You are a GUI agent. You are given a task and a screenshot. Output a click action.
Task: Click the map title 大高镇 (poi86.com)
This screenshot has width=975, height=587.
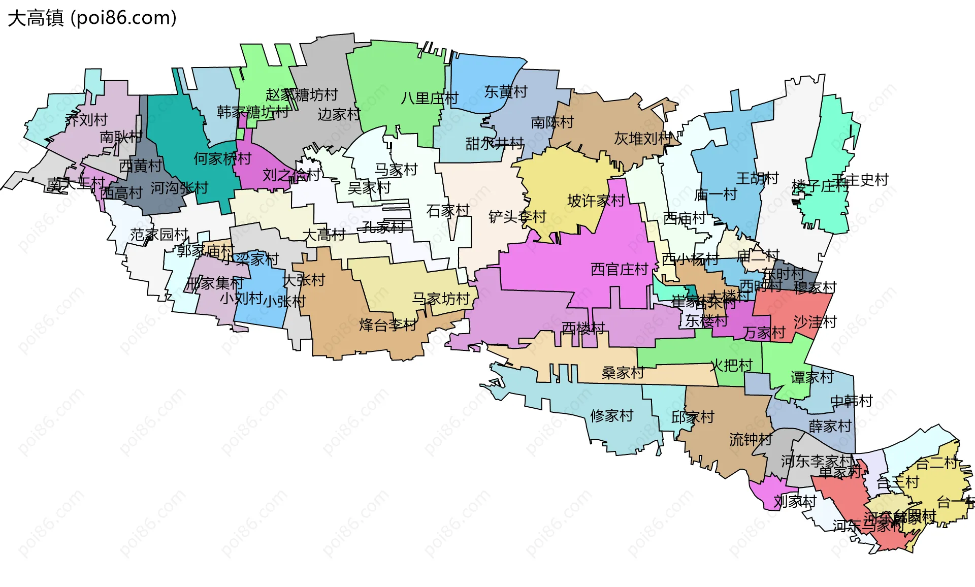[x=92, y=18]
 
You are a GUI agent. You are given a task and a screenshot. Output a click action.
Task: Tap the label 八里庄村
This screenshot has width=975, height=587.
[x=429, y=98]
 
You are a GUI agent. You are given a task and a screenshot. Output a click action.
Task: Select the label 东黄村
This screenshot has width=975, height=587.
[x=506, y=92]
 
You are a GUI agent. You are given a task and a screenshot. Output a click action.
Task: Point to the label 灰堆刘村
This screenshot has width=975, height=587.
[x=643, y=138]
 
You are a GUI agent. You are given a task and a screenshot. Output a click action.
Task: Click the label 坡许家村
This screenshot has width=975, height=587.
[x=596, y=201]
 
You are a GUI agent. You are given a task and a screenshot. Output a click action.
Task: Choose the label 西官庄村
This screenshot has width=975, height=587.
[x=620, y=269]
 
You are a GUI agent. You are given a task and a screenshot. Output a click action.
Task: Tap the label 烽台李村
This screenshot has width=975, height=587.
[x=388, y=325]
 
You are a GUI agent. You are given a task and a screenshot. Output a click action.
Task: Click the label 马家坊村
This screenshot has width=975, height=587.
[x=441, y=299]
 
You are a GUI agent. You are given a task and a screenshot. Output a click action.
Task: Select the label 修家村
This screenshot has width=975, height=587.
[x=611, y=416]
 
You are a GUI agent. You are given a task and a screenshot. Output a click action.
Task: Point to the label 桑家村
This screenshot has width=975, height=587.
[x=623, y=373]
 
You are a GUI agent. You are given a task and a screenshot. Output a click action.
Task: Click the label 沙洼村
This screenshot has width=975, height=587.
[x=815, y=322]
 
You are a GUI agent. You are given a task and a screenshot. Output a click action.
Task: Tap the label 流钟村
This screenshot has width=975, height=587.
[x=751, y=439]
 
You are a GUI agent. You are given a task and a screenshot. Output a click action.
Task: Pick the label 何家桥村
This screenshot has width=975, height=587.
[x=222, y=158]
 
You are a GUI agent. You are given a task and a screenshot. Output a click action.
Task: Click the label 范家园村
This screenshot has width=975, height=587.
[x=159, y=235]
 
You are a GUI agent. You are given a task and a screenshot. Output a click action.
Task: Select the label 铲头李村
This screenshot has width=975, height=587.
[x=517, y=217]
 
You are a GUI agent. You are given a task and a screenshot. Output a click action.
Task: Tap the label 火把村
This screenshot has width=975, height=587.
[x=731, y=365]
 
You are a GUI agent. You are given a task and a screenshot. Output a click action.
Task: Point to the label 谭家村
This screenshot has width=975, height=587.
[x=811, y=377]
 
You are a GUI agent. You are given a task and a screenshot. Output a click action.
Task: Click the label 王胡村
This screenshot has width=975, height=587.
[x=757, y=178]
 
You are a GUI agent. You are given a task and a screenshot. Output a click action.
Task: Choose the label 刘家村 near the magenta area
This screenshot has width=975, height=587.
[x=795, y=502]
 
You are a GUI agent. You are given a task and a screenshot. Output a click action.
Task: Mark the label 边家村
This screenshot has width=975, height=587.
[x=339, y=114]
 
